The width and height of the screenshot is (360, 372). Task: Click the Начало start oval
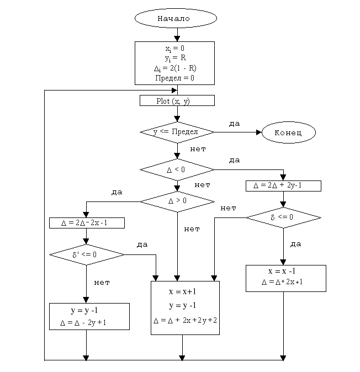tap(173, 18)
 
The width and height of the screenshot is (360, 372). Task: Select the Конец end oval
tap(288, 132)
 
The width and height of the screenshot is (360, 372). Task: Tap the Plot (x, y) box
tap(177, 101)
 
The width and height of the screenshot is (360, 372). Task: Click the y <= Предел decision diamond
tap(177, 132)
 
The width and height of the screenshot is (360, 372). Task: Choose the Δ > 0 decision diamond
tap(177, 200)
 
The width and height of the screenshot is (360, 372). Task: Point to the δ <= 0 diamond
tap(282, 217)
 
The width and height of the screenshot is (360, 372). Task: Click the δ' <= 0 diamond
tap(87, 254)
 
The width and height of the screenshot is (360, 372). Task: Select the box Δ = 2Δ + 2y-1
tap(283, 185)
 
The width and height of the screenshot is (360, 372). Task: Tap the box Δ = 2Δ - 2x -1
tap(87, 223)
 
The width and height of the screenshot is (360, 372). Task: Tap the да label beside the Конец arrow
tap(234, 124)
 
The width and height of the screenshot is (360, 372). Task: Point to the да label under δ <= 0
tap(295, 243)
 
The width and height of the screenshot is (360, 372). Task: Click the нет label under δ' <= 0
tap(102, 283)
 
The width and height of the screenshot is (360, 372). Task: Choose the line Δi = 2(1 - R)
tap(175, 68)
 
